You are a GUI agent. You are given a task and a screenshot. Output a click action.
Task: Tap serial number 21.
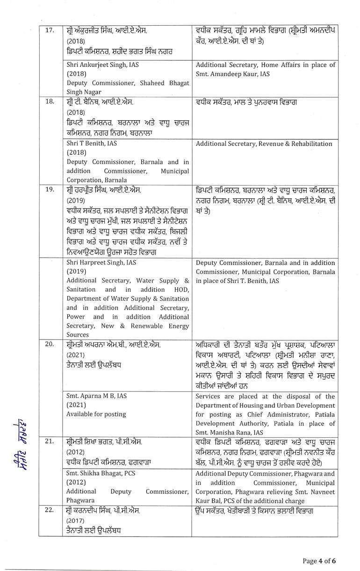click(49, 442)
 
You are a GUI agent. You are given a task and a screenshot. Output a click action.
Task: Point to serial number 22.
click(49, 510)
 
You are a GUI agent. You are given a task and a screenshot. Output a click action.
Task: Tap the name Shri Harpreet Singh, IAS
click(101, 263)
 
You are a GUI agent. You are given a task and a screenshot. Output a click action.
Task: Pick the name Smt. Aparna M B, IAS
click(96, 396)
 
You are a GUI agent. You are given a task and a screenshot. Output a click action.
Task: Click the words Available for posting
click(96, 414)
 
